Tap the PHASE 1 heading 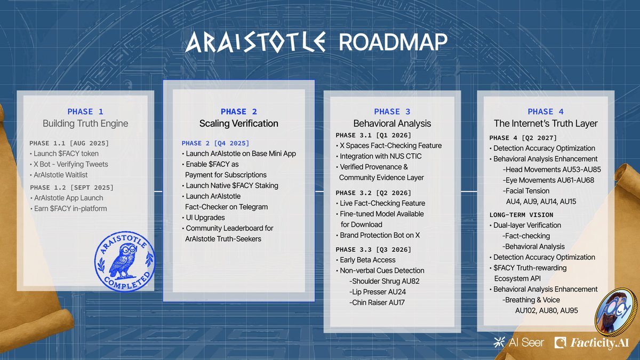85,111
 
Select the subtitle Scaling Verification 239,123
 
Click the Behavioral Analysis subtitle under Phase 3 392,123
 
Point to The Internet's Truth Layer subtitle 546,123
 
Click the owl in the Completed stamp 124,260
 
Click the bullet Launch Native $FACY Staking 232,186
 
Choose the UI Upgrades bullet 205,218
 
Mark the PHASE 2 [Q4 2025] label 215,143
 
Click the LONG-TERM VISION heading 518,214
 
